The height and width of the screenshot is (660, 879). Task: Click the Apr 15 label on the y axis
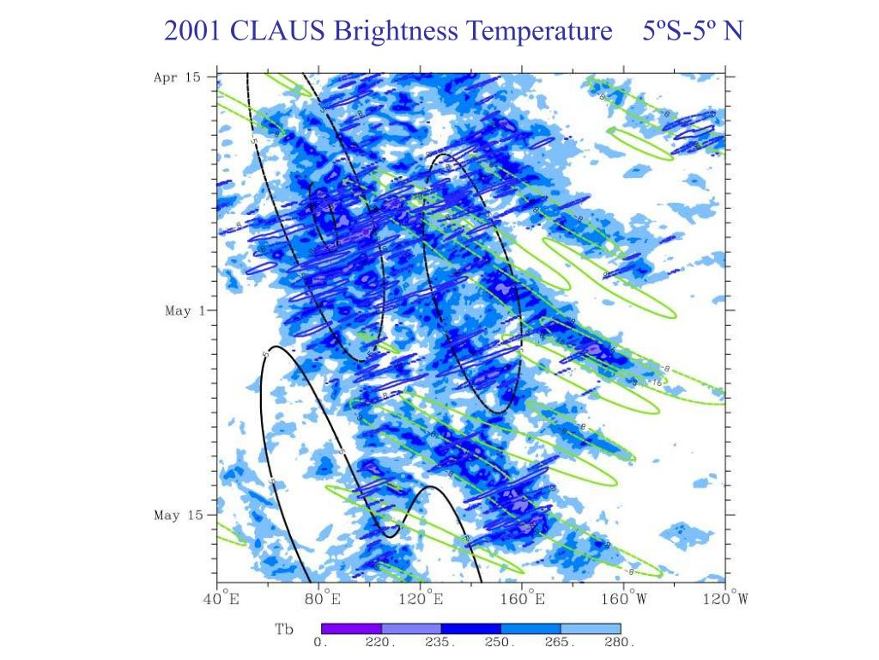click(x=177, y=77)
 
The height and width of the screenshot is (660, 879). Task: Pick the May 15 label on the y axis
click(x=179, y=516)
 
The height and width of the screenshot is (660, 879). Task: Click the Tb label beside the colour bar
click(x=284, y=630)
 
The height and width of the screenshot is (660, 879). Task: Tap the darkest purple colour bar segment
click(x=351, y=629)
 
